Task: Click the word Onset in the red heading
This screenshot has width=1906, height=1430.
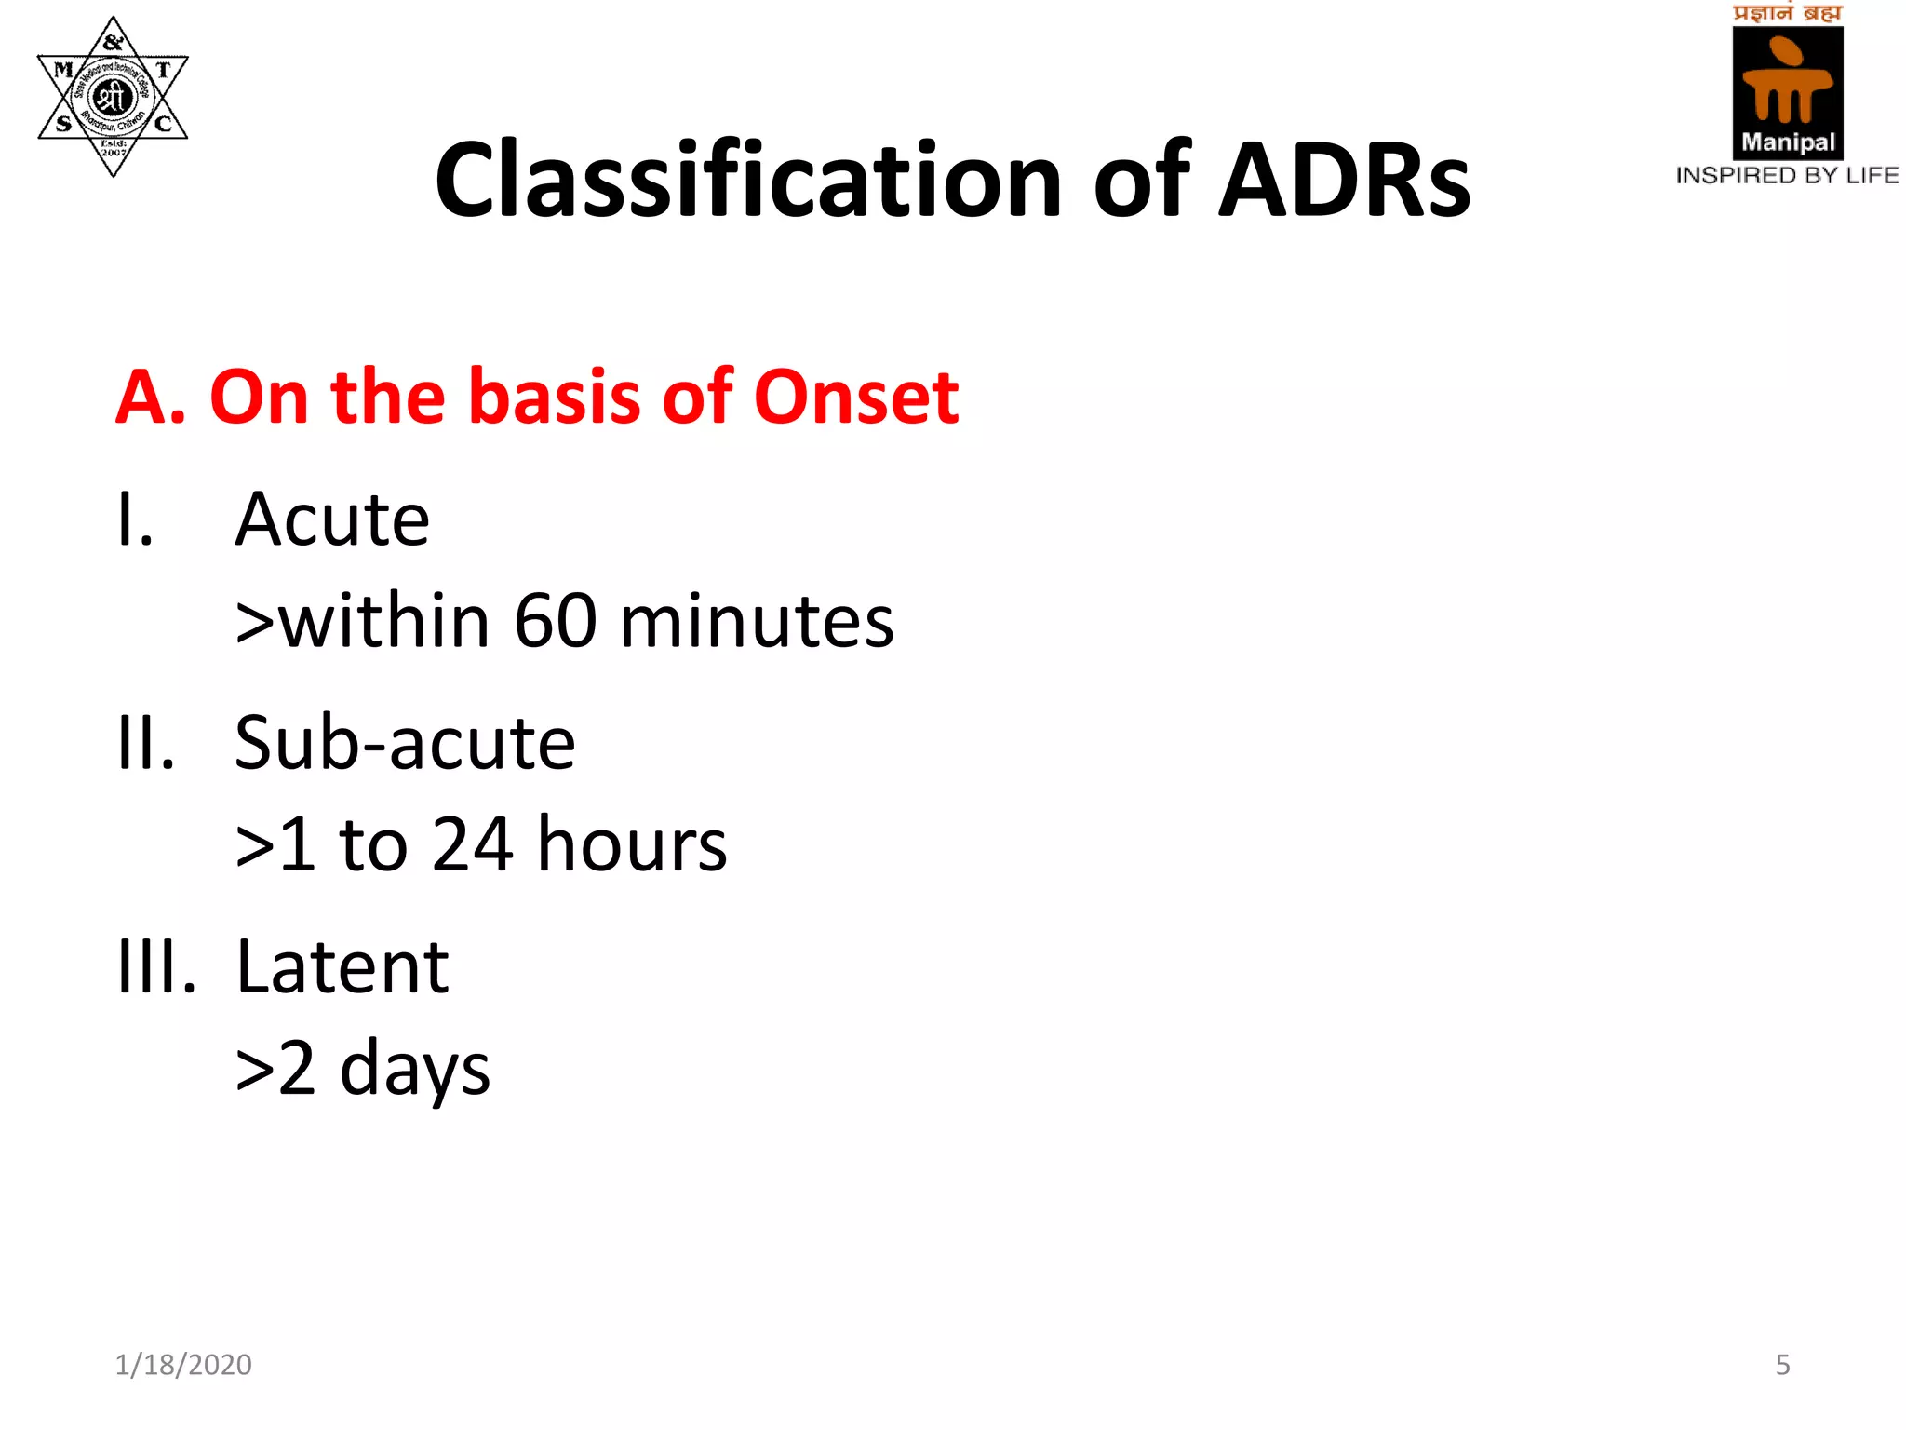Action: tap(856, 398)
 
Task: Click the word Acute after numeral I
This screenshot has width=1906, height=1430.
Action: tap(332, 519)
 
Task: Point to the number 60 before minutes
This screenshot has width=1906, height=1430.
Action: tap(556, 621)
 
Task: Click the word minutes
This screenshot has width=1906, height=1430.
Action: tap(757, 621)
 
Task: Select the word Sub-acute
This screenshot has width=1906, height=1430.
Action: tap(405, 743)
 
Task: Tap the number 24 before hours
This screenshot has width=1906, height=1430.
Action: tap(473, 844)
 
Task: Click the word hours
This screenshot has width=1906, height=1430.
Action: tap(632, 844)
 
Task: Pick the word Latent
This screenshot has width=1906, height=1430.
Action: tap(342, 966)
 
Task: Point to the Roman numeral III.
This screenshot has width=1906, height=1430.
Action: tap(156, 966)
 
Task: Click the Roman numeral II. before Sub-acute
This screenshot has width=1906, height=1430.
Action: tap(146, 743)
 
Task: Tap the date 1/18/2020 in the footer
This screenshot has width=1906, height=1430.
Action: tap(183, 1364)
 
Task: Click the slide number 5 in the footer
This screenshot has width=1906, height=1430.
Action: tap(1782, 1364)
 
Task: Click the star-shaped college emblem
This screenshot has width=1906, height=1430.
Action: tap(113, 96)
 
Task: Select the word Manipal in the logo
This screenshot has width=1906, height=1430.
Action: tap(1788, 142)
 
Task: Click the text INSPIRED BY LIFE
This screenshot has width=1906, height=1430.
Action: tap(1787, 175)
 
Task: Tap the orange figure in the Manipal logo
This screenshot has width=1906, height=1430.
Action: tap(1787, 82)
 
